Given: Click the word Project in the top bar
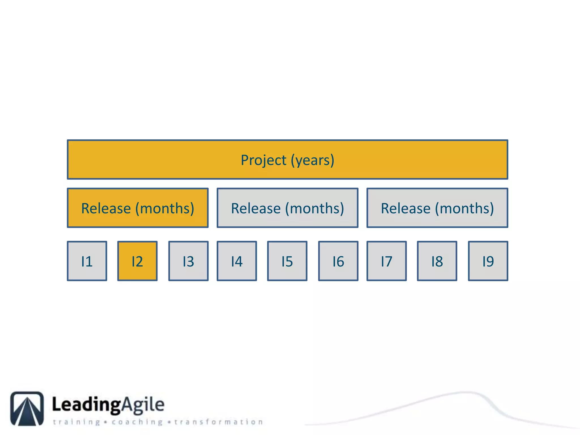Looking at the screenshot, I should (x=263, y=160).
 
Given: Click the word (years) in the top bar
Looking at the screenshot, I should (x=313, y=160).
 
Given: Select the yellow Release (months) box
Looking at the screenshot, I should (x=138, y=208).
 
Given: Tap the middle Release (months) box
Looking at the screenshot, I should (x=287, y=208).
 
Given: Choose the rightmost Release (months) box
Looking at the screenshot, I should (x=437, y=208).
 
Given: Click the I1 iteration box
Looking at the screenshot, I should (x=87, y=261).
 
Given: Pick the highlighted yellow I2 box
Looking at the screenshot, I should (x=137, y=261).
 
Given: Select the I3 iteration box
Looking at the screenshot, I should (x=188, y=261).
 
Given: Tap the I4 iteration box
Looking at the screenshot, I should (x=237, y=261).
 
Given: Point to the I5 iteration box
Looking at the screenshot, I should (x=287, y=261).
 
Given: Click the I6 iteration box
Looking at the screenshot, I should (x=338, y=261).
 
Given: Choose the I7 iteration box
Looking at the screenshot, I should (x=387, y=261).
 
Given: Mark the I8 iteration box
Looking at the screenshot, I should (x=437, y=261).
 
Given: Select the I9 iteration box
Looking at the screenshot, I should (x=488, y=261).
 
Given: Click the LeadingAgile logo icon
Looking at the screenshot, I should (x=27, y=408).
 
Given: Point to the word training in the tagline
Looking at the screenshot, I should (x=76, y=422).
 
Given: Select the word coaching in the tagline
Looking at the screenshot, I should (x=137, y=422).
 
